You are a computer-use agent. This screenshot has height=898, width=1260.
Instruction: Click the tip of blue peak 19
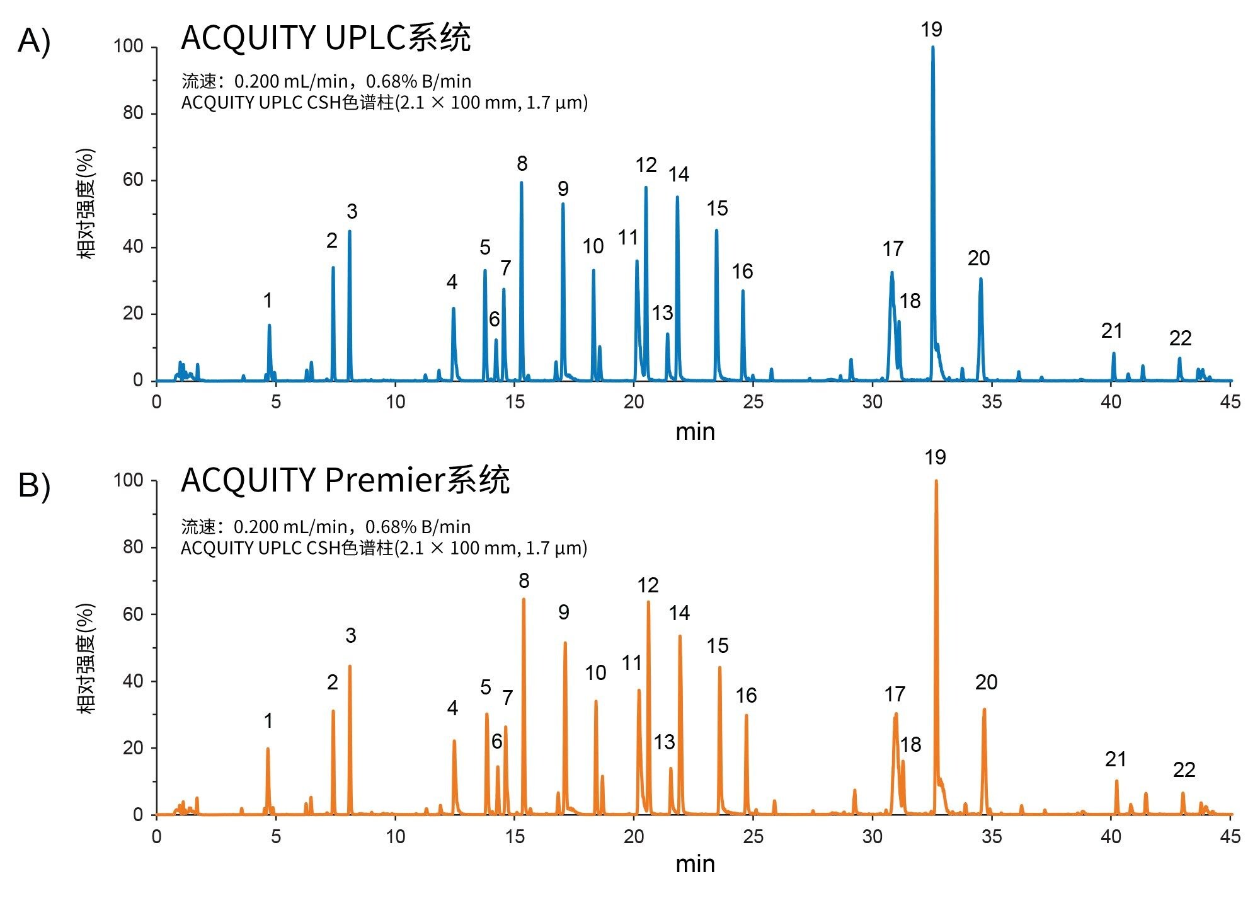point(932,47)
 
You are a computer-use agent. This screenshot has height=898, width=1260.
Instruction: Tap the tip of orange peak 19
point(936,481)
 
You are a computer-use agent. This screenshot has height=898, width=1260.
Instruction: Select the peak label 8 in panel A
point(522,164)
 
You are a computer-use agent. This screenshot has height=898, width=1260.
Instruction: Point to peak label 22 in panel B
point(1184,769)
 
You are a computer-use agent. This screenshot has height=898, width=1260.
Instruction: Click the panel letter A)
point(34,42)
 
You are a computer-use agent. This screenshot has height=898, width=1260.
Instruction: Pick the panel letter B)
point(34,486)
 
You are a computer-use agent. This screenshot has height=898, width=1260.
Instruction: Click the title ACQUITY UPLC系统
point(326,38)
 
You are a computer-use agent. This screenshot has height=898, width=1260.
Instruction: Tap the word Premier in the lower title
point(384,480)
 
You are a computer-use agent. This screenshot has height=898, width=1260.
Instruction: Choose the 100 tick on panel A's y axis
point(129,46)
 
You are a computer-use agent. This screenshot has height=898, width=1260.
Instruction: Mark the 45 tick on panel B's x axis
point(1230,837)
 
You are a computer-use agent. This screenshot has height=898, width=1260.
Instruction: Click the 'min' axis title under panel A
point(695,432)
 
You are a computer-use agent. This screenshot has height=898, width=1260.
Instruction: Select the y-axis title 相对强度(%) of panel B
point(86,659)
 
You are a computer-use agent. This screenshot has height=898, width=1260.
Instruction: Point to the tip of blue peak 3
point(350,231)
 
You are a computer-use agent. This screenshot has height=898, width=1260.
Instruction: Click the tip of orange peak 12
point(648,602)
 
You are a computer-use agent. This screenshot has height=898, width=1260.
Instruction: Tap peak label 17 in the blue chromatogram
point(893,249)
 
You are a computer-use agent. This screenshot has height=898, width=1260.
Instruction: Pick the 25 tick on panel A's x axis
point(753,402)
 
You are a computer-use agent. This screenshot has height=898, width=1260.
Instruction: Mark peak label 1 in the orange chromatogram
point(268,721)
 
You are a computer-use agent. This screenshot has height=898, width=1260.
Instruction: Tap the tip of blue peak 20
point(981,279)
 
